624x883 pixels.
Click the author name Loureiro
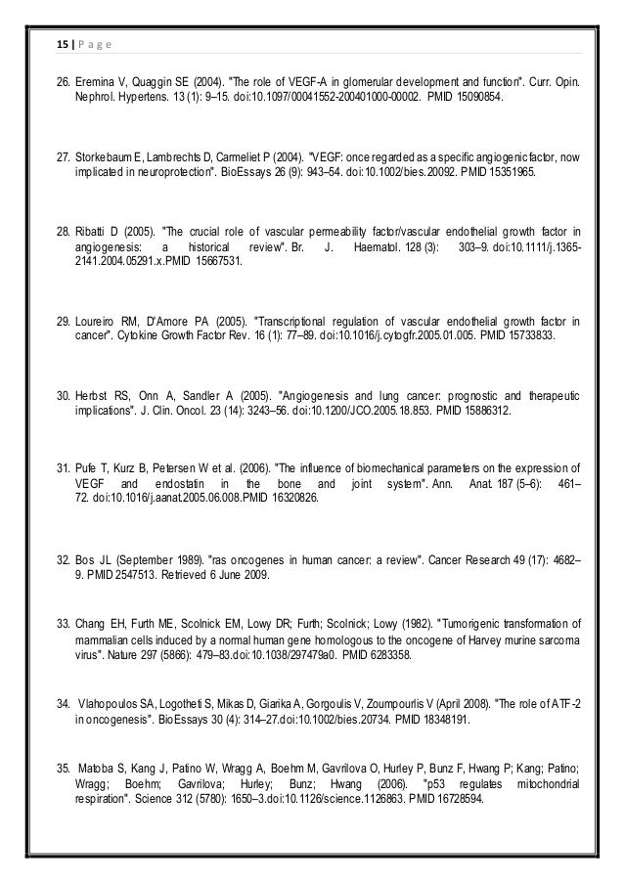[x=99, y=320]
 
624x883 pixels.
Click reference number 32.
[x=62, y=562]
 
